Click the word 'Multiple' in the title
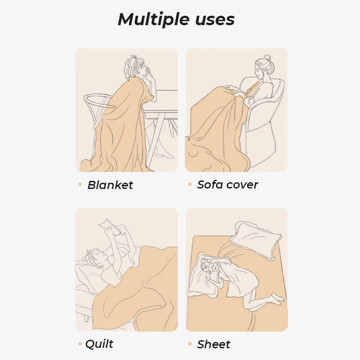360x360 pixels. [x=151, y=20]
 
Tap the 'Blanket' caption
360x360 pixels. [x=110, y=185]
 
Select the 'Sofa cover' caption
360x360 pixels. [x=228, y=184]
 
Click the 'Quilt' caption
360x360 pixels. [x=99, y=344]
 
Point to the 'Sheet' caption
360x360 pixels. [x=214, y=345]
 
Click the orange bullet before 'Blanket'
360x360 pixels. [x=80, y=184]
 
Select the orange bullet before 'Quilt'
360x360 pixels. [x=80, y=344]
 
